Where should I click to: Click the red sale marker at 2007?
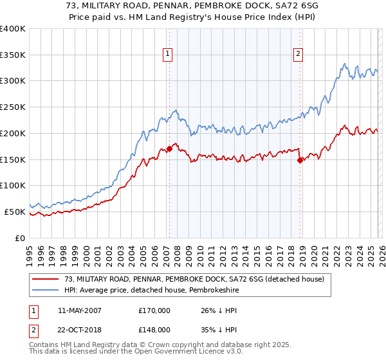(169, 148)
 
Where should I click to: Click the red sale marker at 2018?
(300, 160)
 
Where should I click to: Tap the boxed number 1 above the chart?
(167, 55)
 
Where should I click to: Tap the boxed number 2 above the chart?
(299, 55)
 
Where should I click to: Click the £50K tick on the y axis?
(15, 212)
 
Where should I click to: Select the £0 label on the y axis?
(21, 238)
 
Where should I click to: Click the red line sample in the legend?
(46, 278)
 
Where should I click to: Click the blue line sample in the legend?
(46, 290)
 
